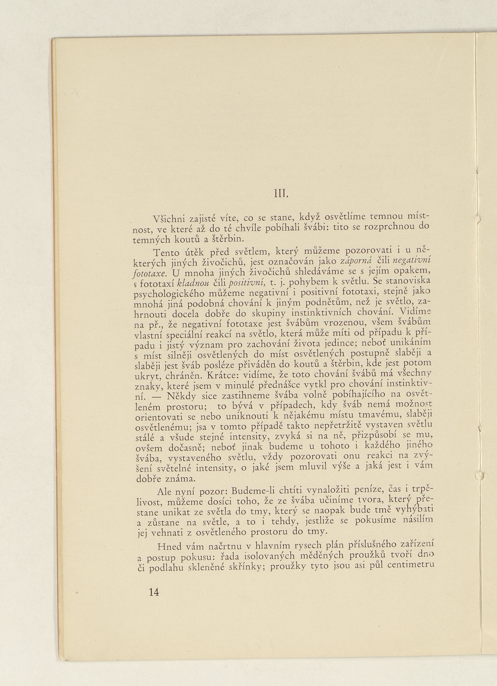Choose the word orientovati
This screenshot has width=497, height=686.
[x=158, y=417]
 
